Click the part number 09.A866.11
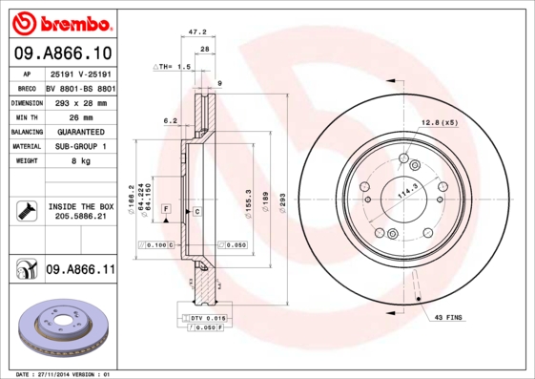click(80, 270)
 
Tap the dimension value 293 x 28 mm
click(80, 101)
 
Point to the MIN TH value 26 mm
click(80, 116)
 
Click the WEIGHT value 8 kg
click(80, 161)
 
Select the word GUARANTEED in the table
click(80, 132)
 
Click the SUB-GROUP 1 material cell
click(80, 146)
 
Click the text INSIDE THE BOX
click(80, 206)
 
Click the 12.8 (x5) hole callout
click(440, 122)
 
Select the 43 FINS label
click(449, 317)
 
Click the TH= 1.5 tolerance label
click(174, 68)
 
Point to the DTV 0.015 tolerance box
click(200, 316)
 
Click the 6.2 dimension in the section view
click(170, 120)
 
